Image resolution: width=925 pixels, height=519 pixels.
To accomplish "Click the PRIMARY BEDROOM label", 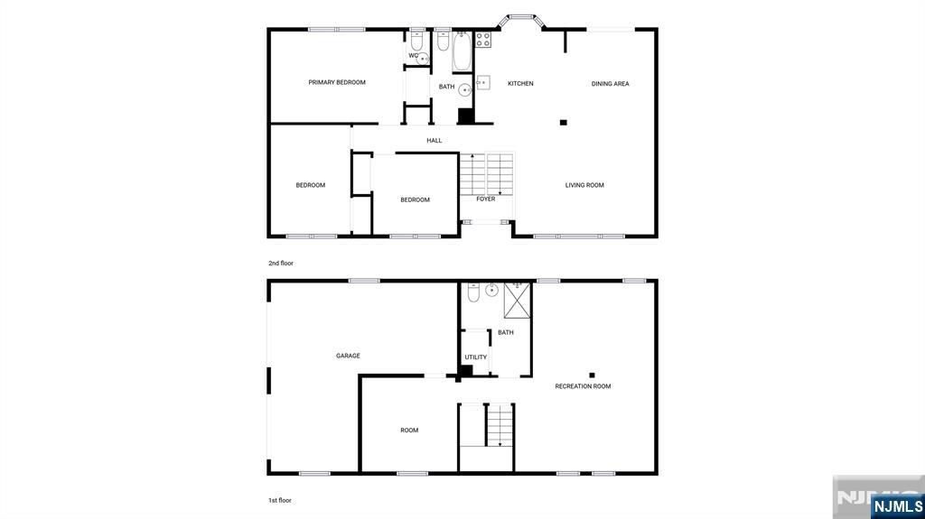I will [x=337, y=82].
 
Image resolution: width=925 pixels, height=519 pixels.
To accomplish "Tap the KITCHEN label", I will [x=520, y=84].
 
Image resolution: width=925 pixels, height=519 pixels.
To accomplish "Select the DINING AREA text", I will [x=610, y=84].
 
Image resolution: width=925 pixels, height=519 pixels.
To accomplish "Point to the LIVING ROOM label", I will [x=584, y=185].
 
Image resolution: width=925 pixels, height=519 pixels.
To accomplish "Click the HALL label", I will [x=434, y=141].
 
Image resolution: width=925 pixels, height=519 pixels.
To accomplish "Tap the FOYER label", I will [x=486, y=199].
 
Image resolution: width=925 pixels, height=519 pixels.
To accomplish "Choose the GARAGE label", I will [x=348, y=356].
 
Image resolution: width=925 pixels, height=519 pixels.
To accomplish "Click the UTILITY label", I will [x=476, y=357].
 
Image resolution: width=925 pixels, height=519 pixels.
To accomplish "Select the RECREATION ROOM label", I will [x=583, y=386].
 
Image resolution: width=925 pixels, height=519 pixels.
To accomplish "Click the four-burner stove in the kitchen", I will [x=483, y=40].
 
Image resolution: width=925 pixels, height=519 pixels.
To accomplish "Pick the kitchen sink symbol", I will [x=483, y=83].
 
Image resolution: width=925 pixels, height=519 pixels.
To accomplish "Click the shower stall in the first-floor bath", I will [x=518, y=300].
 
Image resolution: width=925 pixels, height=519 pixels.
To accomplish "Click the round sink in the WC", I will [x=423, y=59].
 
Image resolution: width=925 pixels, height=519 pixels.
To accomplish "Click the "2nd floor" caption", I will [x=281, y=264].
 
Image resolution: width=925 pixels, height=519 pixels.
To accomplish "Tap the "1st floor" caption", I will [x=279, y=500].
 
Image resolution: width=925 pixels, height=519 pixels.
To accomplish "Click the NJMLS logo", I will [x=896, y=506].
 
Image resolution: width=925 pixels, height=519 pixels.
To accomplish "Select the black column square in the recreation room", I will [x=593, y=375].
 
